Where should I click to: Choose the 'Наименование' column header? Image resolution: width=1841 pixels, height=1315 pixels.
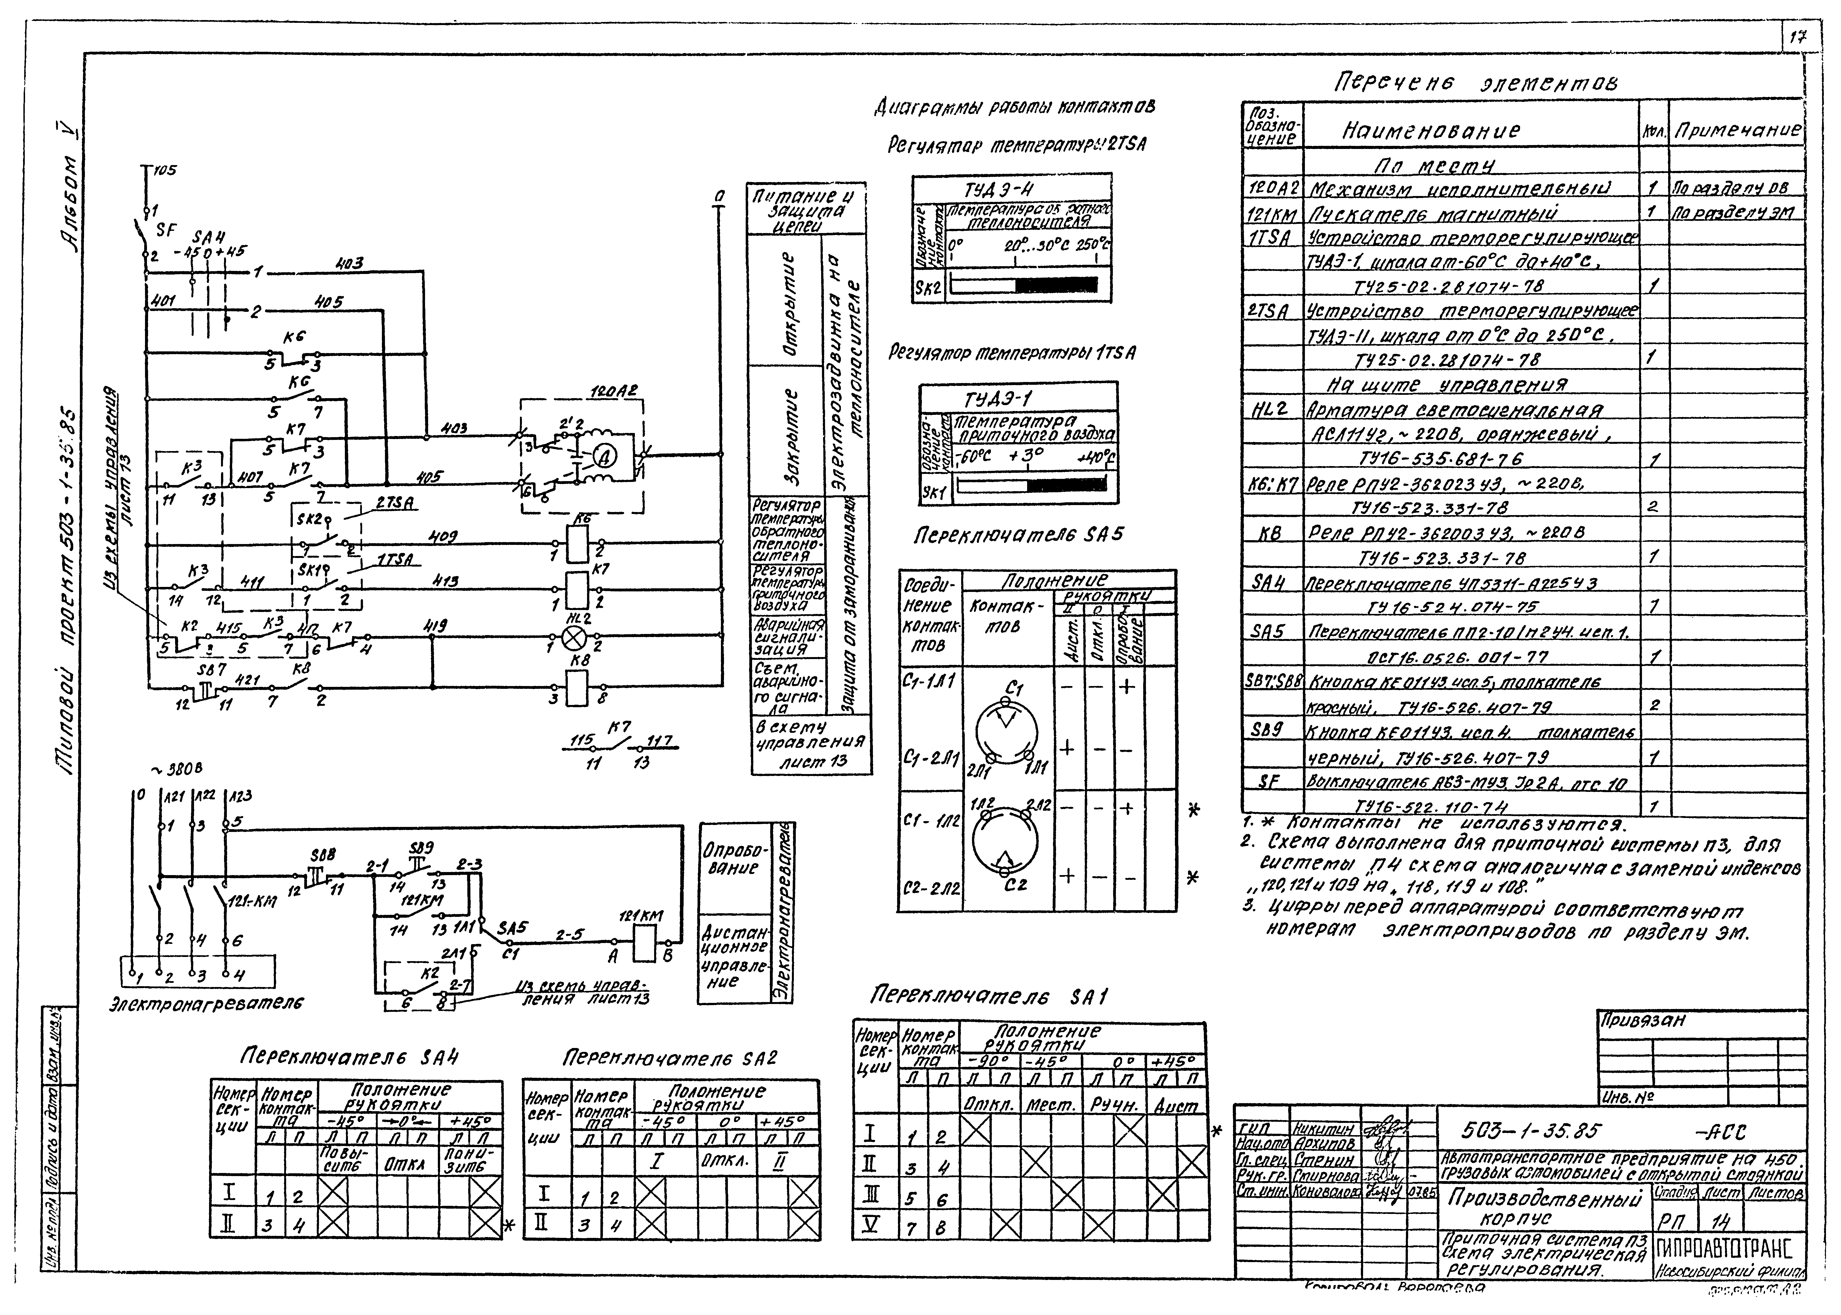click(x=1431, y=131)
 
